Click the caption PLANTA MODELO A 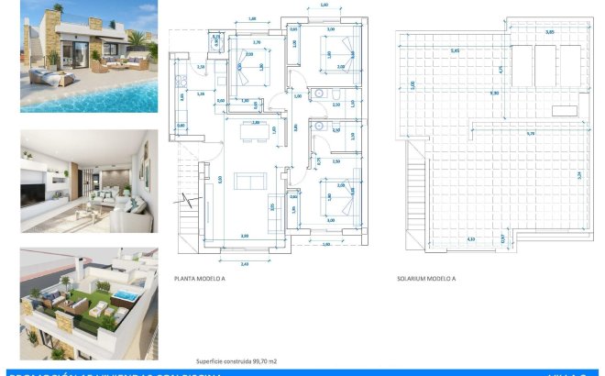199,277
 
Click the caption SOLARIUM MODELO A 426,277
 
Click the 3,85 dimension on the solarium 549,32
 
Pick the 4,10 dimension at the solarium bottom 445,239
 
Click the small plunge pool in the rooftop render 123,293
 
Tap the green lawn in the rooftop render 92,307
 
